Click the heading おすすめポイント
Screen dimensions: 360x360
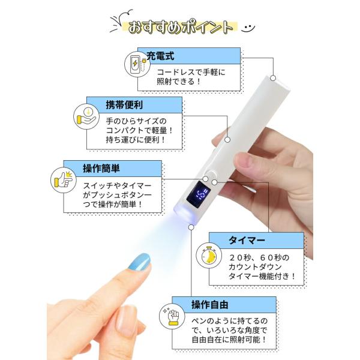pyautogui.click(x=180, y=28)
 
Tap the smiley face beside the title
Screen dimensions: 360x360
pyautogui.click(x=248, y=28)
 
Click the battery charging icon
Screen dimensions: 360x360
pyautogui.click(x=137, y=64)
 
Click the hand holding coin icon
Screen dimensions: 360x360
pyautogui.click(x=86, y=116)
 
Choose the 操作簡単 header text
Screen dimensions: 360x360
pyautogui.click(x=101, y=169)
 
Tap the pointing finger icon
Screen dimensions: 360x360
pyautogui.click(x=64, y=180)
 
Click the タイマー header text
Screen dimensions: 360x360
pyautogui.click(x=247, y=241)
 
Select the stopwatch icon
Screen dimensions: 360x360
pyautogui.click(x=209, y=256)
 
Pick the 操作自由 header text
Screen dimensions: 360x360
pyautogui.click(x=209, y=305)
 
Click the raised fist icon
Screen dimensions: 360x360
pyautogui.click(x=172, y=316)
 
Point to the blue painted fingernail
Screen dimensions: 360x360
pyautogui.click(x=140, y=262)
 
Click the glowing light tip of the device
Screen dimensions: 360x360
pyautogui.click(x=185, y=214)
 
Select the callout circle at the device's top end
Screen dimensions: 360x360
pyautogui.click(x=273, y=78)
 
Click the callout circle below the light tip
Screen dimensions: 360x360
pyautogui.click(x=191, y=227)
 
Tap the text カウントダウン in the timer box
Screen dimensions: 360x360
pyautogui.click(x=255, y=267)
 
